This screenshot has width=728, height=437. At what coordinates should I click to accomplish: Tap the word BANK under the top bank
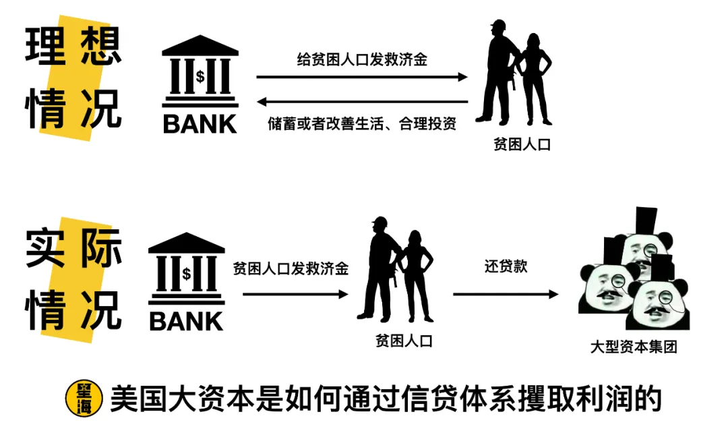pyautogui.click(x=200, y=124)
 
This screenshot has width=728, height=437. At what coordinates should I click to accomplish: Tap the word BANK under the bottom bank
pyautogui.click(x=186, y=321)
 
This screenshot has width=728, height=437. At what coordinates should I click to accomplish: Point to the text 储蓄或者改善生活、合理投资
pyautogui.click(x=362, y=124)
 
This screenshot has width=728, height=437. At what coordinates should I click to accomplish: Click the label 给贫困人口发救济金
pyautogui.click(x=362, y=59)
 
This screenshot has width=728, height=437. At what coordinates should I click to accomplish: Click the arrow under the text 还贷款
pyautogui.click(x=506, y=294)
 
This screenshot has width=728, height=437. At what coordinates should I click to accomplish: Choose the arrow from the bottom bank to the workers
pyautogui.click(x=295, y=294)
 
